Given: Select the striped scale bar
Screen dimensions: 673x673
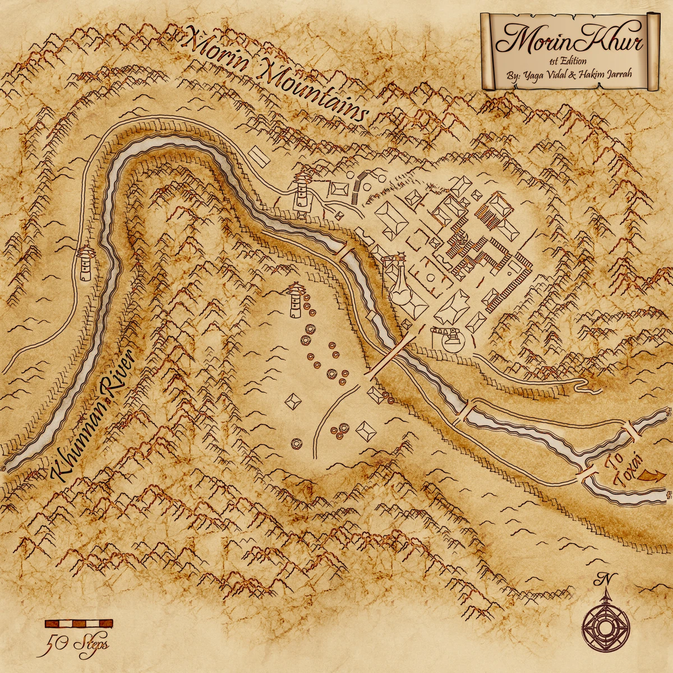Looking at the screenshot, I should click(78, 623).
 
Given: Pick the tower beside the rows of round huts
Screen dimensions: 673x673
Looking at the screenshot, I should click(295, 300).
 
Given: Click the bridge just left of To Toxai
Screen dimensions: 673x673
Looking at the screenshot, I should click(587, 474).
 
